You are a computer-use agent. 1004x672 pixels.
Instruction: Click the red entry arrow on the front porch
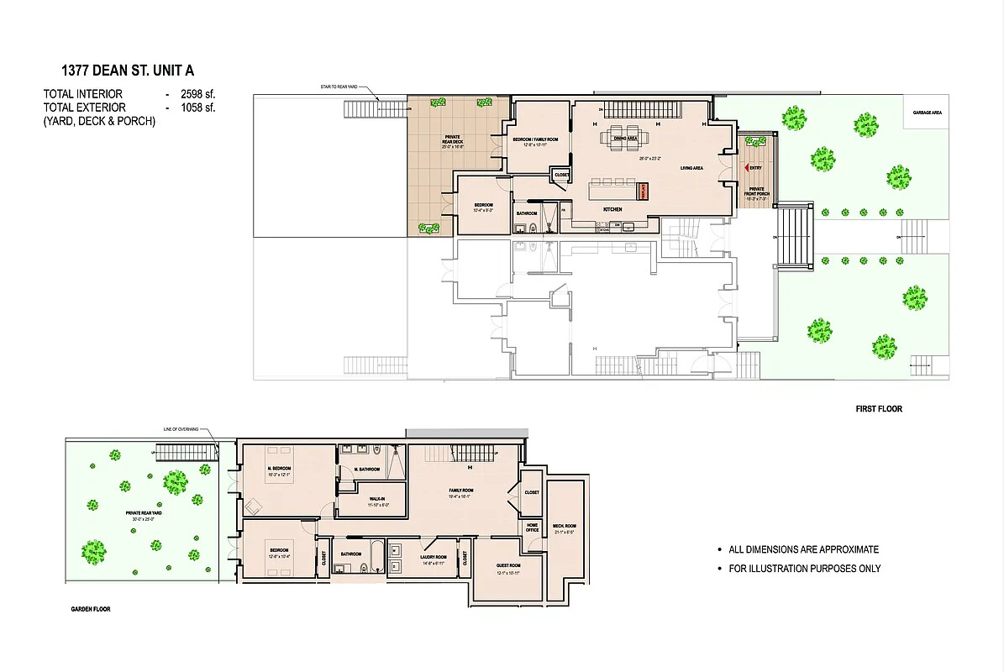coord(737,168)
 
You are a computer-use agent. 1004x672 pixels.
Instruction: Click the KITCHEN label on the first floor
coord(612,208)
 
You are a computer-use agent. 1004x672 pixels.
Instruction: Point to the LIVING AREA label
coord(691,168)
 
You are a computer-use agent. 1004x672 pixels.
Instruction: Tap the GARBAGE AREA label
coord(928,112)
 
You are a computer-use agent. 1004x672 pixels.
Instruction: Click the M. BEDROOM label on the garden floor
coord(279,469)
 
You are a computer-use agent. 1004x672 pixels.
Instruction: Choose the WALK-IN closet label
coord(376,499)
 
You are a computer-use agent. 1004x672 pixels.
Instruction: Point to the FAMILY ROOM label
coord(461,491)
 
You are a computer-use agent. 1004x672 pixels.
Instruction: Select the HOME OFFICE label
coord(532,528)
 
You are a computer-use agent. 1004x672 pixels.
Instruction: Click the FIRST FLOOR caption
coord(878,409)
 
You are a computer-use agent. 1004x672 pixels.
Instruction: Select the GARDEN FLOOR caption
coord(90,609)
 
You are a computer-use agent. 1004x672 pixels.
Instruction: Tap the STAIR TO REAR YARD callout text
coord(339,87)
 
